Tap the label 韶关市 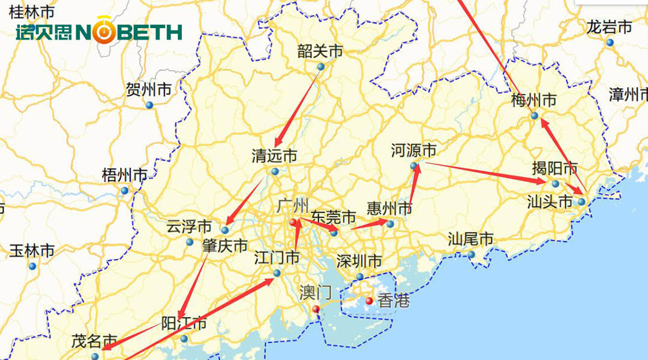click(x=320, y=52)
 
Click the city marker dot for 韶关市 click(x=320, y=67)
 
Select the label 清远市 click(x=274, y=157)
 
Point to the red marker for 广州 click(x=293, y=223)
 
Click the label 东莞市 click(x=334, y=217)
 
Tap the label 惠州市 click(x=390, y=209)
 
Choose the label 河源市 click(x=413, y=151)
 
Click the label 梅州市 click(x=533, y=100)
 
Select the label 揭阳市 click(x=555, y=169)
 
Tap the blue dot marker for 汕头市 click(x=581, y=202)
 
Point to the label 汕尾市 click(x=471, y=239)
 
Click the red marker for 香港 click(x=369, y=301)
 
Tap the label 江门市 click(x=277, y=259)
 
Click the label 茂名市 click(x=94, y=341)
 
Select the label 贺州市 click(x=149, y=90)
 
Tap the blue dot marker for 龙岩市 click(x=610, y=43)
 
